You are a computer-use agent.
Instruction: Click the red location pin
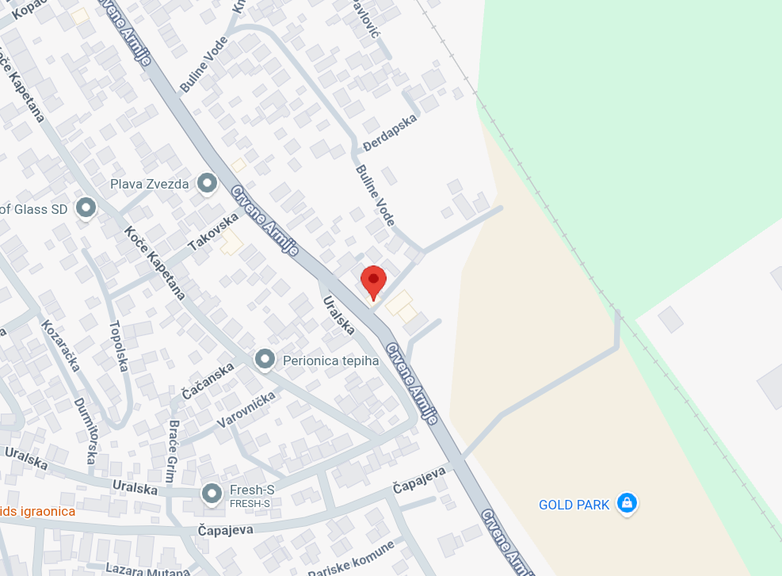click(x=373, y=281)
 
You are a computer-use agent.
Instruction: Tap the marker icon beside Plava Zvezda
click(x=208, y=184)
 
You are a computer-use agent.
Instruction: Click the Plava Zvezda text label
click(x=150, y=185)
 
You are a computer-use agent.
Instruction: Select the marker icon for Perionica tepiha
click(x=265, y=360)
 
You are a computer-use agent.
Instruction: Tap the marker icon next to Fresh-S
click(x=212, y=494)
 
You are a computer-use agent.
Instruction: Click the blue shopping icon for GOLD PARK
click(x=627, y=503)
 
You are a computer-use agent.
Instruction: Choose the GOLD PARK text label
click(x=574, y=505)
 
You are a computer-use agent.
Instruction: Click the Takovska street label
click(x=213, y=232)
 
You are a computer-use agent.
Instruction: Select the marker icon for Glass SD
click(x=85, y=208)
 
